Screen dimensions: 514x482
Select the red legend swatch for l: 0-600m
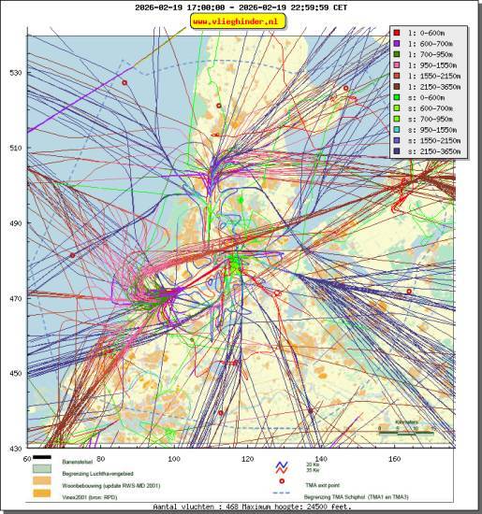tap(397, 33)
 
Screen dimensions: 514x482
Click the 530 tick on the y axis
tap(15, 73)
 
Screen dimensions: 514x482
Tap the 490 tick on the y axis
tap(15, 223)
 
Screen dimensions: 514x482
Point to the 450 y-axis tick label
tap(15, 374)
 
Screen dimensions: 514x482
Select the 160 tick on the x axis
tap(394, 459)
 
